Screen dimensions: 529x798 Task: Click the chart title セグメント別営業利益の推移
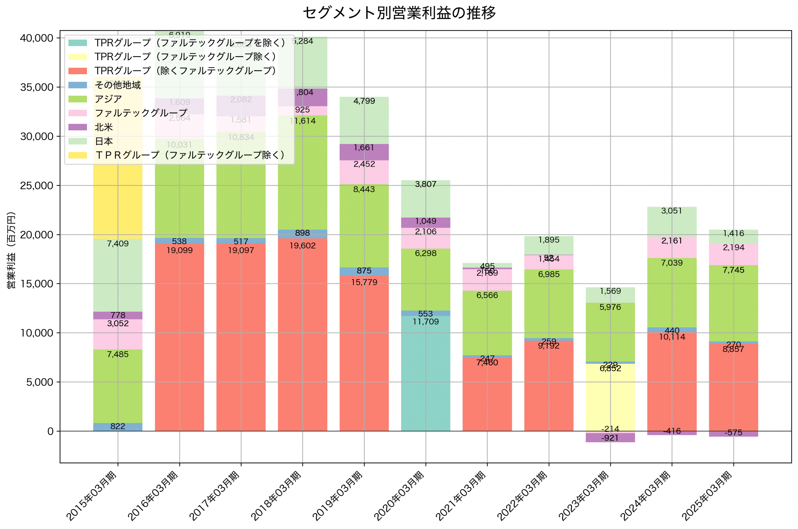pyautogui.click(x=399, y=13)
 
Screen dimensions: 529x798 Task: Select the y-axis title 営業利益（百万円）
pyautogui.click(x=11, y=250)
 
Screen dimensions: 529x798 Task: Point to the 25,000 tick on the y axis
pyautogui.click(x=36, y=185)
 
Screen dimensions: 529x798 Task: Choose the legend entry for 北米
pyautogui.click(x=103, y=127)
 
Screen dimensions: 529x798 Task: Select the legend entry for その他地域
pyautogui.click(x=118, y=85)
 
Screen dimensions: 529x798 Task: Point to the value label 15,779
pyautogui.click(x=364, y=282)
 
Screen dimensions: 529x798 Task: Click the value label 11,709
pyautogui.click(x=425, y=321)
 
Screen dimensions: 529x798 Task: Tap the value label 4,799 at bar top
pyautogui.click(x=364, y=101)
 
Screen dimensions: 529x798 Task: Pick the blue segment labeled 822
pyautogui.click(x=118, y=427)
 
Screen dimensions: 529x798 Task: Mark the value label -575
pyautogui.click(x=733, y=433)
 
